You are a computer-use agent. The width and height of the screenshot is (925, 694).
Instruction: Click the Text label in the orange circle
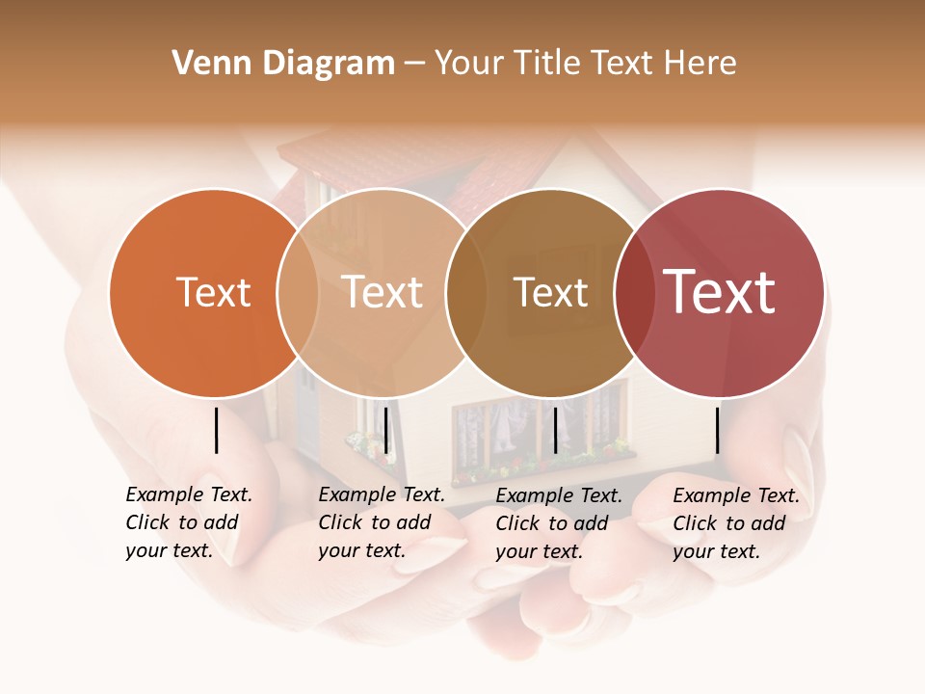[x=213, y=292]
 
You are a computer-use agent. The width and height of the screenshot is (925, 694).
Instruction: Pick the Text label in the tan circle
[x=382, y=292]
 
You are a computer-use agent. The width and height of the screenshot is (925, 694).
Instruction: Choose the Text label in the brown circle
[x=550, y=292]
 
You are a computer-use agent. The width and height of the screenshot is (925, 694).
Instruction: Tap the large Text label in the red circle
[x=719, y=291]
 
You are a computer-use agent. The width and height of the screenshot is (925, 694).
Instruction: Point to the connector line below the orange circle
[x=216, y=430]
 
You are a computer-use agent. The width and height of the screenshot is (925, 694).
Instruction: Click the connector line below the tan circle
[x=385, y=430]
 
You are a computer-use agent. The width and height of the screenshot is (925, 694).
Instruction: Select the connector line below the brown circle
[x=555, y=430]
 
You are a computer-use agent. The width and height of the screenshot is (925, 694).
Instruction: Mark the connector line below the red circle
[x=717, y=430]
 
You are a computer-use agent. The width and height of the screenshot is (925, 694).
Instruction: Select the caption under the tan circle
[x=381, y=522]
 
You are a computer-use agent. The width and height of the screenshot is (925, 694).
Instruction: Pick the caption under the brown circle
[x=558, y=523]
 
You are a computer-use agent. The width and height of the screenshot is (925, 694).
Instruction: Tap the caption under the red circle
[x=735, y=523]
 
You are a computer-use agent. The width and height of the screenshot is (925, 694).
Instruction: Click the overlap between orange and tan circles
[x=298, y=292]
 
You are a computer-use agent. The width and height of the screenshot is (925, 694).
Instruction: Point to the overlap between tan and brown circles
[x=466, y=292]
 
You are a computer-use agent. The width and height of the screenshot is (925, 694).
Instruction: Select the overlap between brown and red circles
[x=634, y=292]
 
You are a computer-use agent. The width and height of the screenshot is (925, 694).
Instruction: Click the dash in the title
[x=414, y=64]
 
